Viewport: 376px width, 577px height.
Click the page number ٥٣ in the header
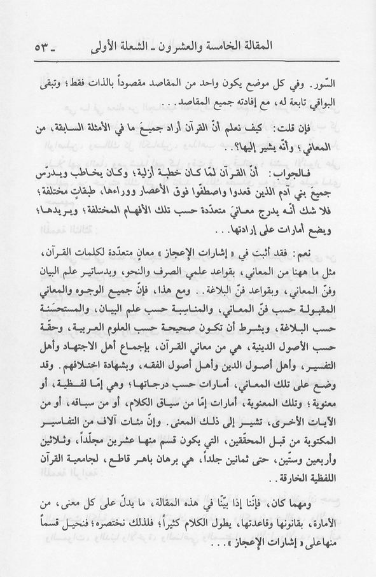pos(39,47)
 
